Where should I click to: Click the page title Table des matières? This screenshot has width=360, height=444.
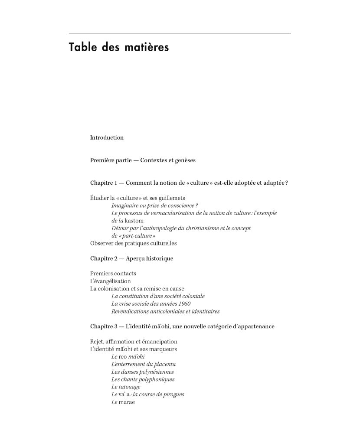118,47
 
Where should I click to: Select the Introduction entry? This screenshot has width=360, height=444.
107,137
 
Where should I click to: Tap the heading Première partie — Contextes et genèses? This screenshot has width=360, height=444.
143,160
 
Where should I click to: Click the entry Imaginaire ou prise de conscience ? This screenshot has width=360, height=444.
154,205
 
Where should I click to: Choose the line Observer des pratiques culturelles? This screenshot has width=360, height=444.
133,243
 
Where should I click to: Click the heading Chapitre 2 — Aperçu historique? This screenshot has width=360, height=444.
131,258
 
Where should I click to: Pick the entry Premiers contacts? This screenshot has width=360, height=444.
113,273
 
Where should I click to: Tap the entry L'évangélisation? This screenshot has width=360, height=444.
110,281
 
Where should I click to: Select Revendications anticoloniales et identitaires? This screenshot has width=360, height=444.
165,311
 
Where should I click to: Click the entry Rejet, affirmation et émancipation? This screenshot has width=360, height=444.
134,341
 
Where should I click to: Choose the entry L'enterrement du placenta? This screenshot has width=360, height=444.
143,364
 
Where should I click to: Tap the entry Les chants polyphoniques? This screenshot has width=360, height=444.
143,379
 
